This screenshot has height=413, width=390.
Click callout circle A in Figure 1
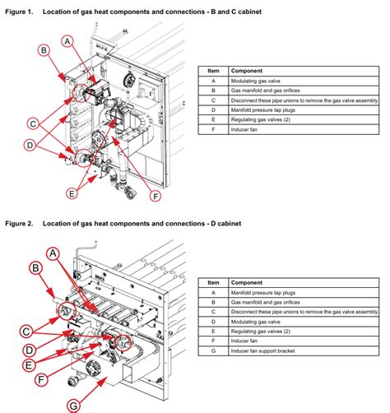coord(67,41)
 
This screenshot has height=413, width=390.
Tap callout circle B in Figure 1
coord(44,50)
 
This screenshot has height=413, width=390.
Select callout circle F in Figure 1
coord(156,197)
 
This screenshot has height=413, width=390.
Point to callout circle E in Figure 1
coord(72,193)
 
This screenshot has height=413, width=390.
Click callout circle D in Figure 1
coord(30,145)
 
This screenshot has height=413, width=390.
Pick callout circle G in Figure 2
coord(73,406)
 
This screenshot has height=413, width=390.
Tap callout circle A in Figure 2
coord(53,253)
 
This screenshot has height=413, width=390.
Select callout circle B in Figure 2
coord(35,268)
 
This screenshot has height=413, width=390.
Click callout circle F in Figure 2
coord(41,380)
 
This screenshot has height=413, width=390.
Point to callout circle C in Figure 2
coord(26,332)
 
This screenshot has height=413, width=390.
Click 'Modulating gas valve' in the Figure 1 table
coord(255,81)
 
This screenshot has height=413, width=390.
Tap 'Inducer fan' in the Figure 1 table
coord(244,129)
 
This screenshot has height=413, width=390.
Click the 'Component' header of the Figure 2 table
coord(247,282)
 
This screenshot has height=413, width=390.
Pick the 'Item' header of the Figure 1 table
coord(213,71)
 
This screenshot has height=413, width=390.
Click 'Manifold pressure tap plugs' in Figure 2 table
coord(263,293)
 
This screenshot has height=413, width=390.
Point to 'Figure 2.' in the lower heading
coord(19,224)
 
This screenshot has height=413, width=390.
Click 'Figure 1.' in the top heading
coord(19,12)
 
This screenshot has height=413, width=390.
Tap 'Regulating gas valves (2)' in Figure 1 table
coord(261,119)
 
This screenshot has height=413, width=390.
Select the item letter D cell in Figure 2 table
coord(213,322)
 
